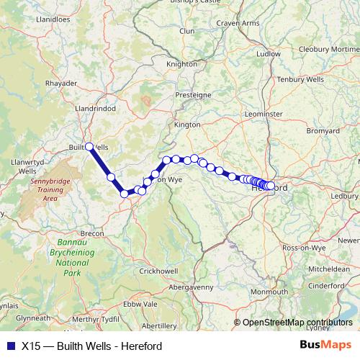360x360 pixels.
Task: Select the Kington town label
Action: pos(187,124)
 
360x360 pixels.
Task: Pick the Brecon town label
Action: pos(93,233)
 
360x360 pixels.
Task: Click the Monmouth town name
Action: pos(270,292)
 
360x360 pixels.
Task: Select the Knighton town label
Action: pos(181,63)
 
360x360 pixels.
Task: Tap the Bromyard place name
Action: pos(323,131)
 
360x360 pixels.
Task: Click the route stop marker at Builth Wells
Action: pos(89,146)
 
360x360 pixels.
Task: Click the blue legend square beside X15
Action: pos(9,346)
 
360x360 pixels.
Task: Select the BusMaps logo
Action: pos(326,345)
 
